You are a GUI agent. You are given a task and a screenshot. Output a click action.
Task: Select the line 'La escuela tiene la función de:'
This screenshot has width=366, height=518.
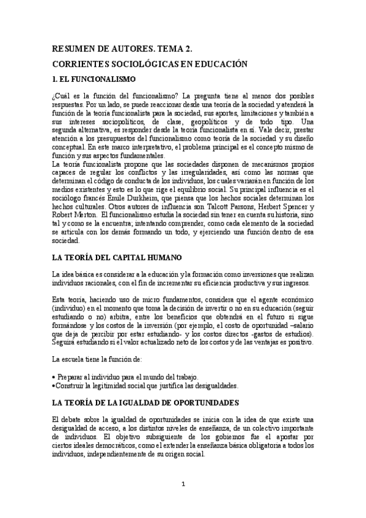tap(97, 360)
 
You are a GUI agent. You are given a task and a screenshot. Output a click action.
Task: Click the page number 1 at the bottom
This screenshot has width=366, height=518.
tap(183, 483)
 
